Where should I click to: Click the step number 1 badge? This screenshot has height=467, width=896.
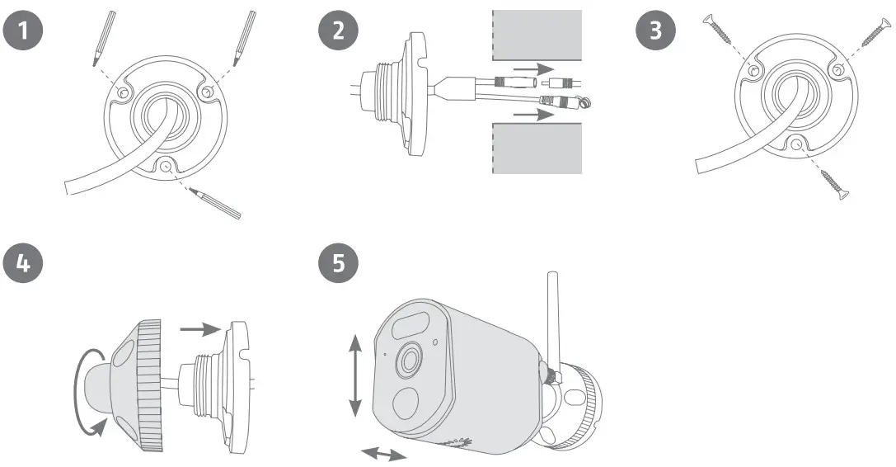click(23, 31)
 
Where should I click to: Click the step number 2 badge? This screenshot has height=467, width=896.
click(337, 31)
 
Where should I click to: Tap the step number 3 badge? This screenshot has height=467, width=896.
click(656, 31)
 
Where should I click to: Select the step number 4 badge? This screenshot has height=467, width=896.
click(23, 264)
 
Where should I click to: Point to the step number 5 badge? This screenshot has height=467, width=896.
click(337, 264)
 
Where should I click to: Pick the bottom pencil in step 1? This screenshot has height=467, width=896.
click(214, 203)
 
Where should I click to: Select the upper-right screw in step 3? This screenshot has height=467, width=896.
click(876, 31)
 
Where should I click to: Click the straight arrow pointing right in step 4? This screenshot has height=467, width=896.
click(200, 328)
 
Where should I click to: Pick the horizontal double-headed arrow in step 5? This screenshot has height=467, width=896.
click(385, 454)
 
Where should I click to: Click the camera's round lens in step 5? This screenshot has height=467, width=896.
click(410, 359)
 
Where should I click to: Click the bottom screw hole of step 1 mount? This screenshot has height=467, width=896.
click(167, 167)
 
